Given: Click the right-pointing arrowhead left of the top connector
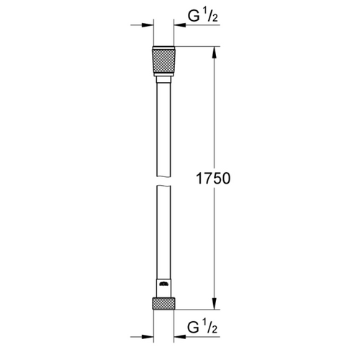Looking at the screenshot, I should click(x=148, y=24).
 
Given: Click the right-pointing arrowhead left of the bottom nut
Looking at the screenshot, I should click(x=148, y=334).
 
